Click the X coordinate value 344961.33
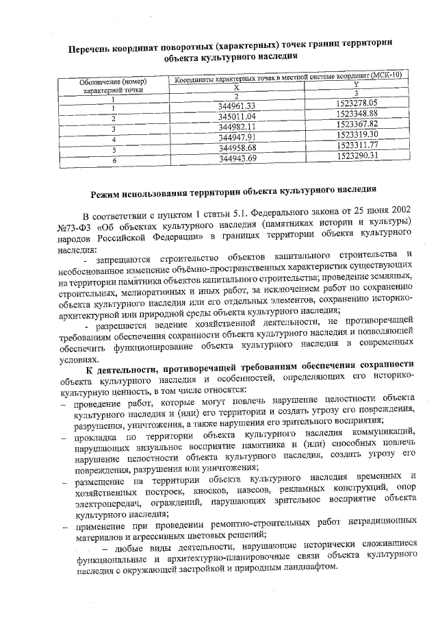click(237, 106)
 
